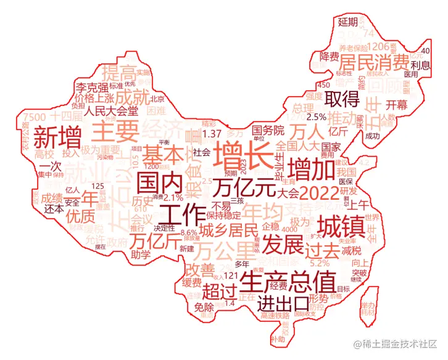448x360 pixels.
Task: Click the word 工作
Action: click(182, 215)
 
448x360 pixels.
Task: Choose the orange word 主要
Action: click(117, 131)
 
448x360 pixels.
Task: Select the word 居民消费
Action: click(373, 62)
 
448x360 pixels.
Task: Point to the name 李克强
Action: click(92, 86)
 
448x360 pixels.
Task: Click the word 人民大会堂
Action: click(112, 112)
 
